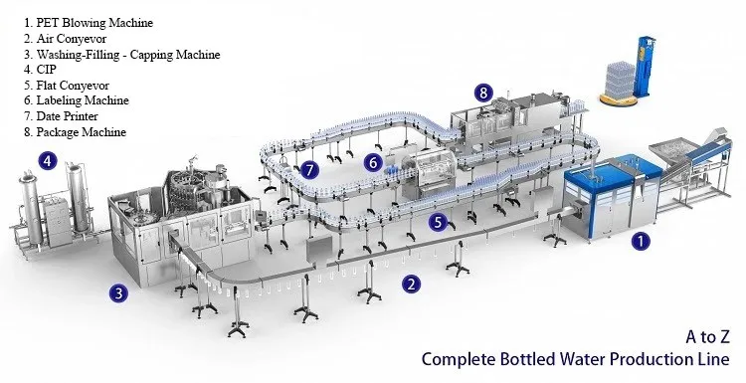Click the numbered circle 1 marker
643,240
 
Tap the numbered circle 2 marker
410,284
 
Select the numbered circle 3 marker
118,292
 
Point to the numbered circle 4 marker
46,158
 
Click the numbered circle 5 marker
437,222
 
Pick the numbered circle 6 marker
373,161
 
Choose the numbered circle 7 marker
311,170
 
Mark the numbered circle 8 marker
483,93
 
